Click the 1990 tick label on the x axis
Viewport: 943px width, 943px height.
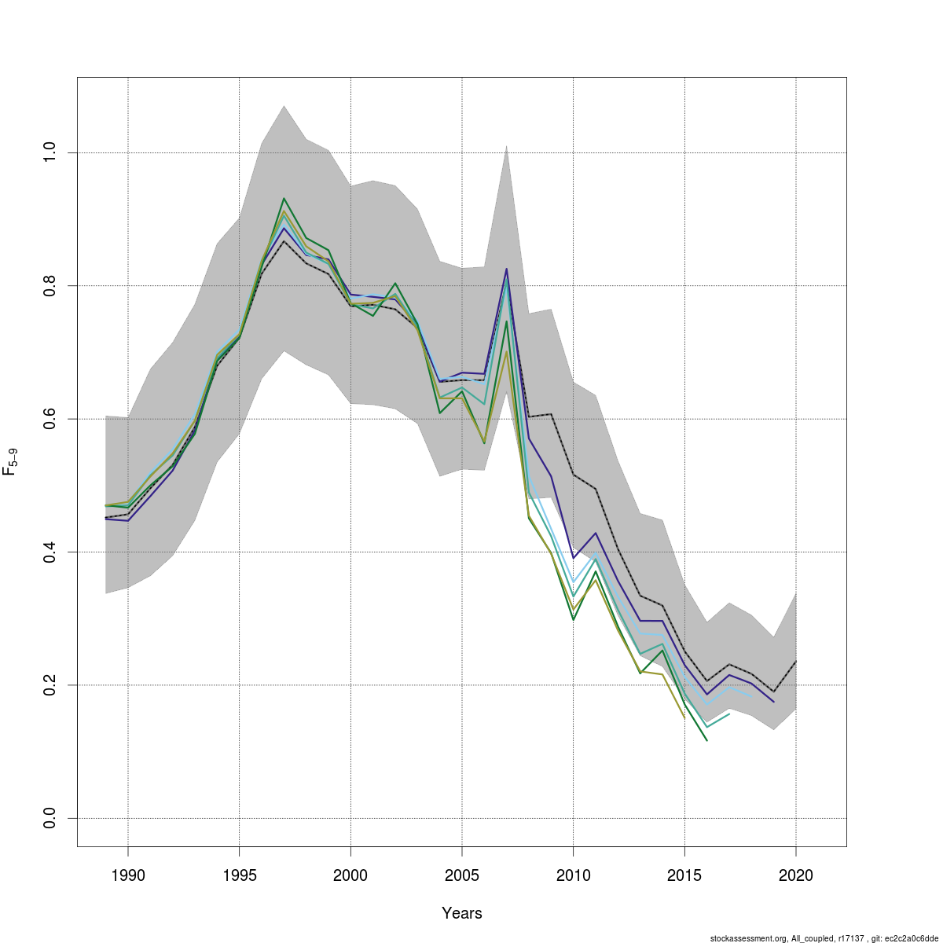pos(127,875)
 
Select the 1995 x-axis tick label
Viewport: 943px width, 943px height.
pos(239,875)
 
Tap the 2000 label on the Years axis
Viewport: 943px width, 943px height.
pos(350,875)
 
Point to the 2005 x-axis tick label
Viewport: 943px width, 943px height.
pos(461,875)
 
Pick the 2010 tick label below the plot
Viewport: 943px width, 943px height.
pos(573,875)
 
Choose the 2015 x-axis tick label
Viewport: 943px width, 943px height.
pos(684,875)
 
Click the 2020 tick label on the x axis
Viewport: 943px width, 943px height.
pos(796,875)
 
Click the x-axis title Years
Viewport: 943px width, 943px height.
pos(462,913)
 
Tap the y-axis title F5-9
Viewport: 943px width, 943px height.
pos(11,461)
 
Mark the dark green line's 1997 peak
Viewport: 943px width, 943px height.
pos(284,198)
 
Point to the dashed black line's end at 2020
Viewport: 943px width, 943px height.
pos(796,661)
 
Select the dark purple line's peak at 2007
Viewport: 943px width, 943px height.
pos(506,269)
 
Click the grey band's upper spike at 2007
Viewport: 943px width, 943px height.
pos(506,146)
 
